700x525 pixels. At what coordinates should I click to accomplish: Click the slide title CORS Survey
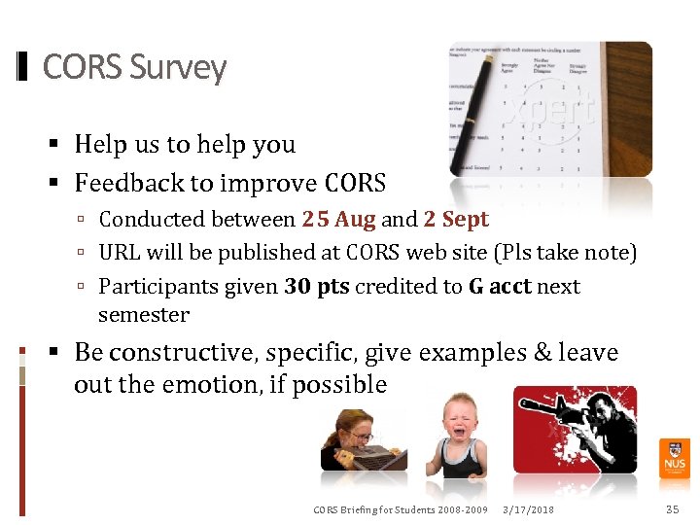134,68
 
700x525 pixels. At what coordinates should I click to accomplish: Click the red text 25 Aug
338,220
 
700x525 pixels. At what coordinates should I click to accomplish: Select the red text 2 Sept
456,220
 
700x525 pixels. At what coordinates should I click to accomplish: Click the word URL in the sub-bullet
120,253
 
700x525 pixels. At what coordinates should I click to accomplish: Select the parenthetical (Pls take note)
565,253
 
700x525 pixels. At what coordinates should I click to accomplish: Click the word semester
144,315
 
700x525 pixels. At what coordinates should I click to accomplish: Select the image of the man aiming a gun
575,429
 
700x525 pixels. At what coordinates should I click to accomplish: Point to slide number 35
672,509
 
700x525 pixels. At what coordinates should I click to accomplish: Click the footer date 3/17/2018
528,510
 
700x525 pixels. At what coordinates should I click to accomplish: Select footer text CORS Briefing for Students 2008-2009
400,510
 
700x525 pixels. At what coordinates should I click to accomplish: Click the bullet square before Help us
56,145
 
